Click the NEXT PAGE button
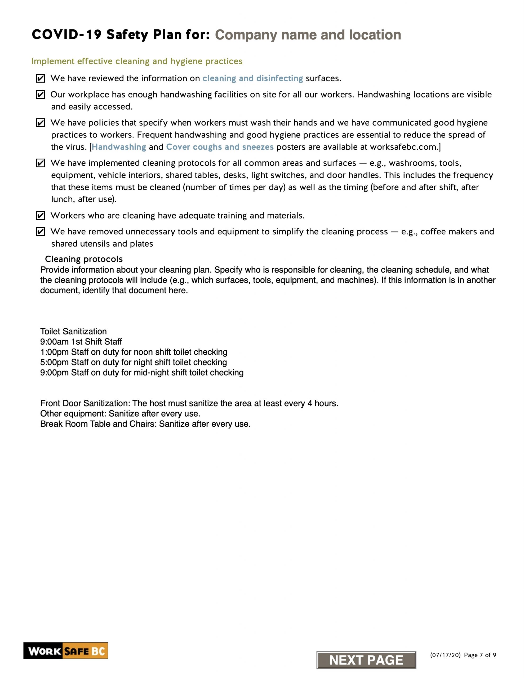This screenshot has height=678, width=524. coord(366,660)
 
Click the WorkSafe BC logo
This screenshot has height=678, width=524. coord(65,651)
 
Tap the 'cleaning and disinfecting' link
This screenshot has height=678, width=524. coord(252,78)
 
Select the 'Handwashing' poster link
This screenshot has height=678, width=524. coord(119,147)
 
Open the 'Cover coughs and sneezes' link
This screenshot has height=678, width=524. coord(220,147)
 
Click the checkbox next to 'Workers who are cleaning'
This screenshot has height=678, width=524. coord(40,215)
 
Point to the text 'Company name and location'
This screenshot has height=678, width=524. coord(308,35)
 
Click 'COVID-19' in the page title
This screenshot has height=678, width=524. coord(66,35)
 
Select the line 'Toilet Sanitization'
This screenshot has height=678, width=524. coord(73,331)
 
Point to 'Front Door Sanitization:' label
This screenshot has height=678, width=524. coord(85,403)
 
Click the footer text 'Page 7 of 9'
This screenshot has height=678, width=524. coord(480,655)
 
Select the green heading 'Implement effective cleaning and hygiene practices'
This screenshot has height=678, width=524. coord(137,61)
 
